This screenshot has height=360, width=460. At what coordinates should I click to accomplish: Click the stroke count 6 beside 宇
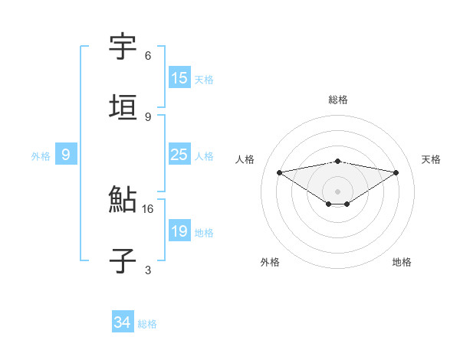click(148, 56)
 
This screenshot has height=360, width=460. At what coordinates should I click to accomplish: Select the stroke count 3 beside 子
click(148, 270)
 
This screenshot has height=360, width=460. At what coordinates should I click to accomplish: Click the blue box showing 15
click(179, 78)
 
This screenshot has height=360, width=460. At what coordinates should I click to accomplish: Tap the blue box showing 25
click(179, 155)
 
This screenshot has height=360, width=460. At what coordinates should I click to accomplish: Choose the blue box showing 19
click(179, 232)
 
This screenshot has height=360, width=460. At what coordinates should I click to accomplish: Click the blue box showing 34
click(123, 323)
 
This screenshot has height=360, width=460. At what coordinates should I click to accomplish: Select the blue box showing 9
click(66, 155)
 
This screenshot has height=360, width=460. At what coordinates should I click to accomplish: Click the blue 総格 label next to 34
click(147, 324)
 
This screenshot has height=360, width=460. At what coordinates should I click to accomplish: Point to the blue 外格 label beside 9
click(41, 156)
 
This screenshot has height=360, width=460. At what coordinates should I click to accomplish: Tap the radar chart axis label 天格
click(431, 159)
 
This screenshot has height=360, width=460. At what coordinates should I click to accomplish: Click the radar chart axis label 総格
click(338, 100)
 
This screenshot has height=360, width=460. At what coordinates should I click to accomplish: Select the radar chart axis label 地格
click(402, 262)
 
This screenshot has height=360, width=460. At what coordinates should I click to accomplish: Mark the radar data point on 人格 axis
click(280, 172)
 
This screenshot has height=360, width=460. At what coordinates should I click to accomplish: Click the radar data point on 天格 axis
click(396, 172)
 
